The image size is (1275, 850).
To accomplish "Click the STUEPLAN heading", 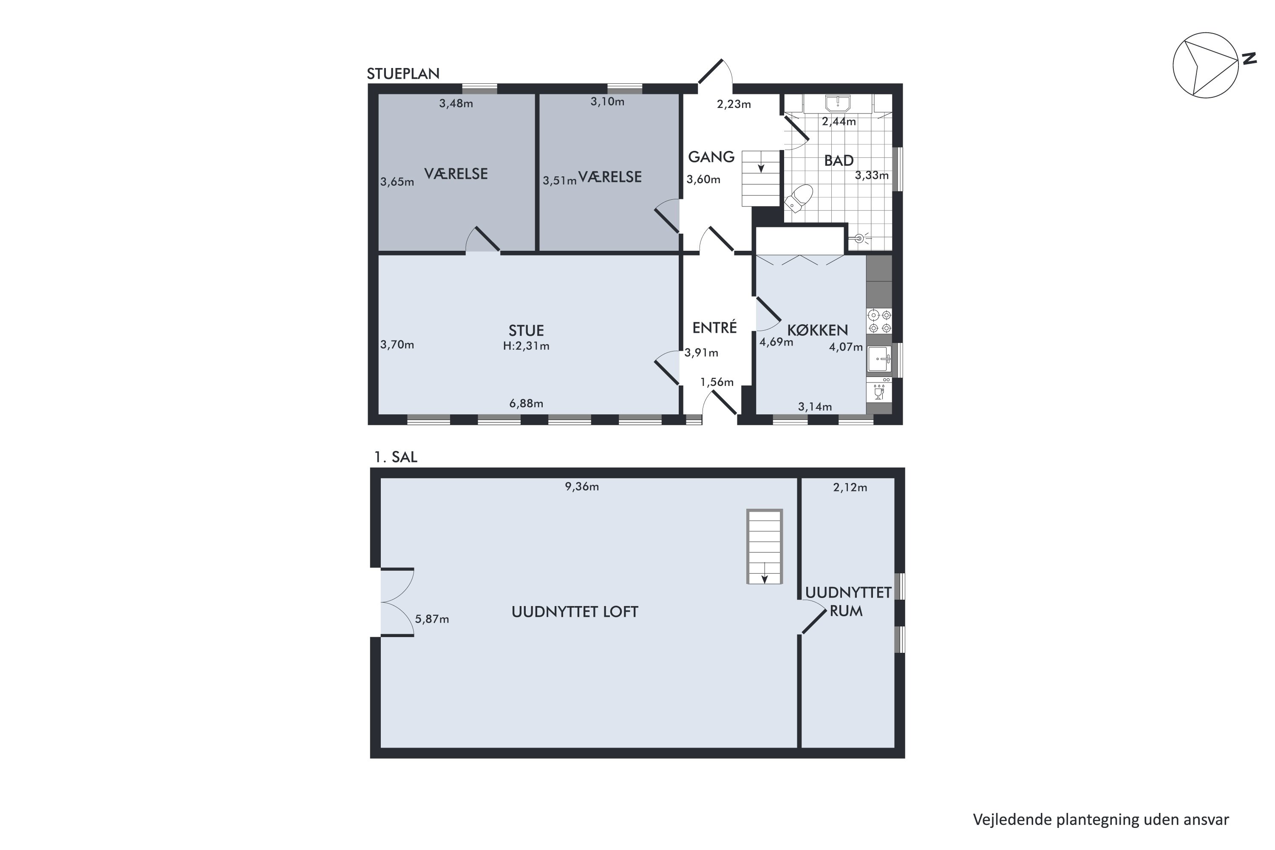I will pyautogui.click(x=403, y=74).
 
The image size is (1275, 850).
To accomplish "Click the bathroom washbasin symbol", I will pyautogui.click(x=838, y=103).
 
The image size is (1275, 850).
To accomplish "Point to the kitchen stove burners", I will pyautogui.click(x=879, y=321).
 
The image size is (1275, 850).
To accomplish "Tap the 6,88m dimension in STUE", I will pyautogui.click(x=526, y=403).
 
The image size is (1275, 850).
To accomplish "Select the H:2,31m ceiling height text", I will pyautogui.click(x=526, y=346).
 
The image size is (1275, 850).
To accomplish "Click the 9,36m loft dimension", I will pyautogui.click(x=582, y=486).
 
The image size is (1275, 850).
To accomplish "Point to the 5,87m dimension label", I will pyautogui.click(x=432, y=619).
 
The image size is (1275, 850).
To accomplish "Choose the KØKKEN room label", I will pyautogui.click(x=817, y=330).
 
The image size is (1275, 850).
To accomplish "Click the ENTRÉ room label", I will pyautogui.click(x=714, y=328).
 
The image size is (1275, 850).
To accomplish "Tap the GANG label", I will pyautogui.click(x=711, y=157).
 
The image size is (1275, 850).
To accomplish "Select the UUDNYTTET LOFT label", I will pyautogui.click(x=575, y=612).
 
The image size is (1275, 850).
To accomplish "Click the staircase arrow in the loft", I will pyautogui.click(x=764, y=579).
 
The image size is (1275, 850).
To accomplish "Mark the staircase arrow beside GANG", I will pyautogui.click(x=761, y=167).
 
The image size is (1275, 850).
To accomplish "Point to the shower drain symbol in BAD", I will pyautogui.click(x=858, y=238).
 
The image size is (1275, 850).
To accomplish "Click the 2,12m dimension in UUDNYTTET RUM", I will pyautogui.click(x=850, y=487).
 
